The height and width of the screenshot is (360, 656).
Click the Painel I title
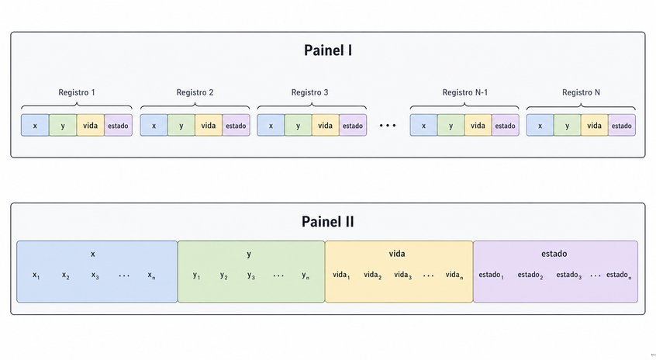(x=327, y=50)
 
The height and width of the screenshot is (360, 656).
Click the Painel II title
(x=327, y=221)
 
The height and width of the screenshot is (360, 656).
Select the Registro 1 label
(x=77, y=92)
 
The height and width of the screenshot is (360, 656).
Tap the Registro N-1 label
(x=464, y=92)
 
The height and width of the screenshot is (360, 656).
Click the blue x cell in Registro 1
(x=35, y=125)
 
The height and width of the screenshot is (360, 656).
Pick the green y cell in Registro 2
(x=181, y=125)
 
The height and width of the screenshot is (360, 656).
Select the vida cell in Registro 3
(x=326, y=125)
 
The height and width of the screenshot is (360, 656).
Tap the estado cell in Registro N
(x=622, y=125)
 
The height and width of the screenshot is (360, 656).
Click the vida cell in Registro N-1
(x=478, y=125)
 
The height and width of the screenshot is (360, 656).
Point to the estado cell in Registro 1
(x=119, y=125)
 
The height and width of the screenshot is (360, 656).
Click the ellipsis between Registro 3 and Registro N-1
(x=388, y=125)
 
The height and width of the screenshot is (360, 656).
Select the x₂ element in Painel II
(x=66, y=275)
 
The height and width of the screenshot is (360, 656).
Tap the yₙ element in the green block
(x=306, y=275)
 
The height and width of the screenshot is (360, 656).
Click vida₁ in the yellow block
(x=341, y=275)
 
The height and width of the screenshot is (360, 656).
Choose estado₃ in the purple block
(x=569, y=275)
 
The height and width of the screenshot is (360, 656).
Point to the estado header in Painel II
(x=554, y=254)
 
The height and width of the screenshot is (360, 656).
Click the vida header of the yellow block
(x=396, y=254)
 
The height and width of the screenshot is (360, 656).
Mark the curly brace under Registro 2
(x=195, y=106)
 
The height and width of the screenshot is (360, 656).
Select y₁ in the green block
(x=197, y=275)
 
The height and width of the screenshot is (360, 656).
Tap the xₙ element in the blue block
(x=151, y=275)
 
